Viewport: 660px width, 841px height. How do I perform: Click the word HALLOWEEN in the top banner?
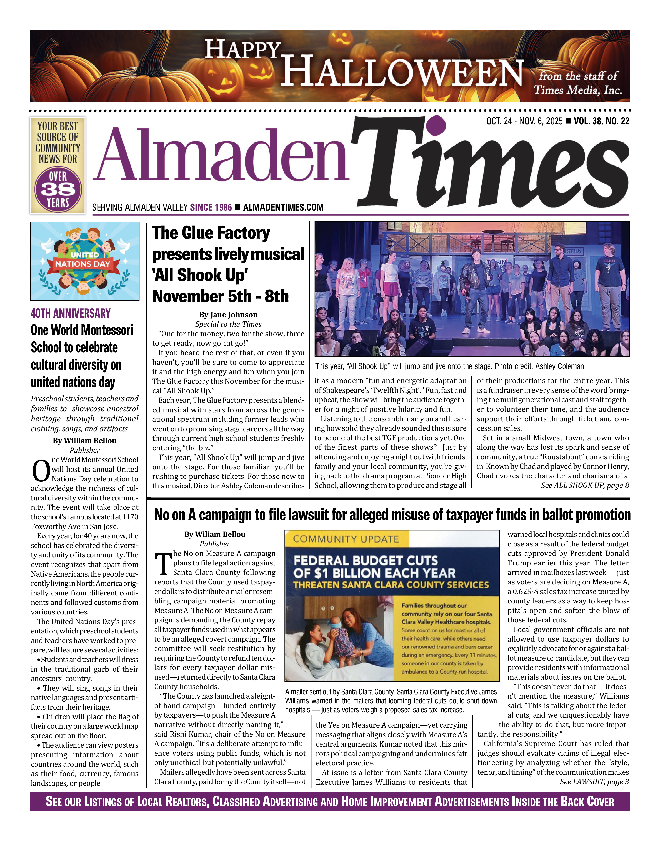click(402, 71)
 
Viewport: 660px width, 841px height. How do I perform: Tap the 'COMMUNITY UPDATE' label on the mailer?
click(345, 539)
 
